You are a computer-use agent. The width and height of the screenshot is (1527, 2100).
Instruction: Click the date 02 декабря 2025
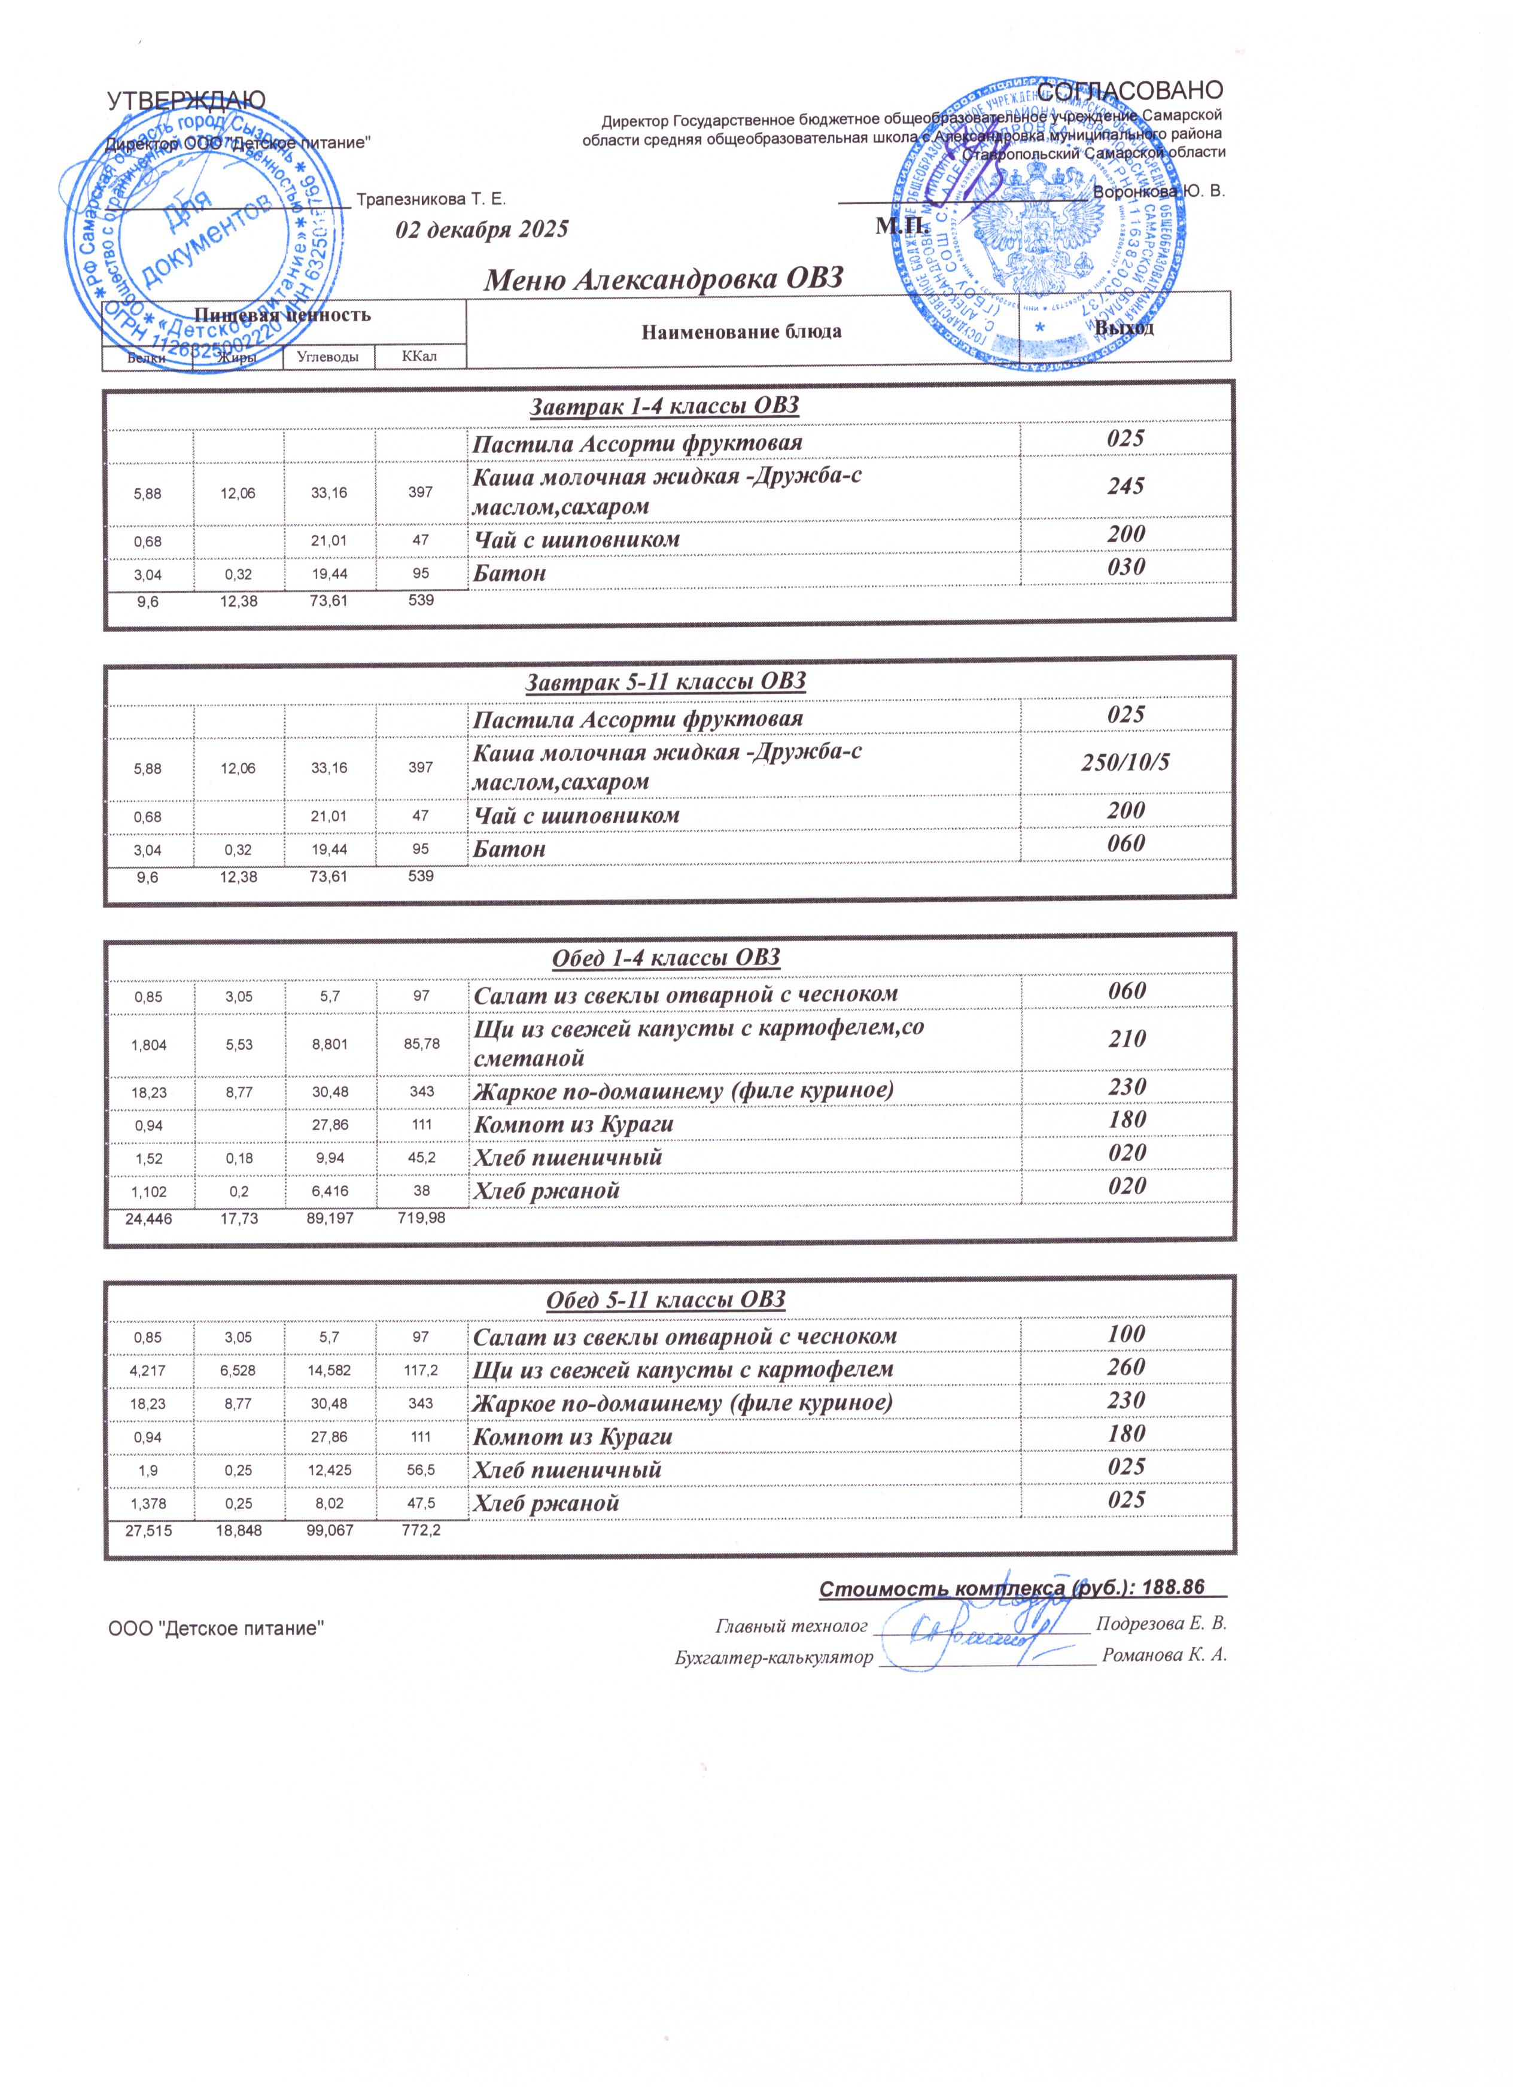click(x=482, y=230)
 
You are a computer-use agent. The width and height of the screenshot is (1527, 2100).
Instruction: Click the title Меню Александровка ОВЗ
click(x=664, y=278)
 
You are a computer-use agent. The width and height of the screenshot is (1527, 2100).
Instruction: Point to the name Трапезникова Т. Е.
click(x=431, y=199)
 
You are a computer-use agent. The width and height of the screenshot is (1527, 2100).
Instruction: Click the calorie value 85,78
click(x=421, y=1043)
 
